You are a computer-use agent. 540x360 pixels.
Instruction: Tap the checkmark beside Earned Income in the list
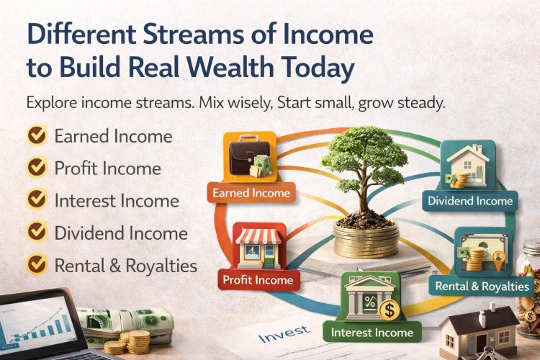click(35, 135)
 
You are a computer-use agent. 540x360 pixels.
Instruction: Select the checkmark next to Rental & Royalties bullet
click(35, 265)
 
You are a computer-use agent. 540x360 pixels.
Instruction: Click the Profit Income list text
click(107, 168)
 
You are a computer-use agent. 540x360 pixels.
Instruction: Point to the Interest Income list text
click(116, 200)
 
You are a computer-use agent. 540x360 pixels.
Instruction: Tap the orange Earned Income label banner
click(251, 192)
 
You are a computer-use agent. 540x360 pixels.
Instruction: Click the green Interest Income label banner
click(372, 332)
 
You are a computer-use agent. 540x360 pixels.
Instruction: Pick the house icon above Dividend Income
click(469, 166)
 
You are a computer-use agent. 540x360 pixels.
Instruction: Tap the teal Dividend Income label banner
click(469, 201)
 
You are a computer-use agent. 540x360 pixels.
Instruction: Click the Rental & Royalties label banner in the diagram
click(482, 287)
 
